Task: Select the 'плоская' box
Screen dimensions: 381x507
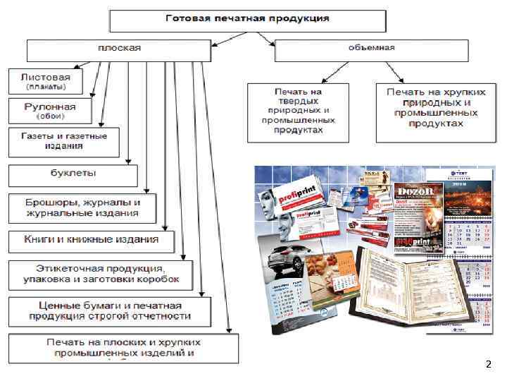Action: [x=118, y=49]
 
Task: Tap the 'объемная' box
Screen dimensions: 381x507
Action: [x=370, y=49]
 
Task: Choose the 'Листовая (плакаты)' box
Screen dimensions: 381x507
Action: [x=44, y=80]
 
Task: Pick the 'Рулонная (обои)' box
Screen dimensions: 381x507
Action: [x=47, y=111]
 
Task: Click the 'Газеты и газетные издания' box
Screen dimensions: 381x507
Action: [x=64, y=141]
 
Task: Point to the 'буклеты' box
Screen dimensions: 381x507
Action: [x=73, y=174]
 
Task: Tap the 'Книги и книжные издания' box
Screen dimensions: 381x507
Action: [x=92, y=240]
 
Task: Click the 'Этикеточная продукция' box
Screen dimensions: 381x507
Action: [x=100, y=274]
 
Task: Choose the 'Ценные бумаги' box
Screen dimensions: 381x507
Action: [x=109, y=310]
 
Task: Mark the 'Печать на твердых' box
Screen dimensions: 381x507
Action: [x=299, y=111]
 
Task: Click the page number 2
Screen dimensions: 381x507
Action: [x=488, y=365]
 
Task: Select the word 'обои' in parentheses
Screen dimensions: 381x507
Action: [x=47, y=117]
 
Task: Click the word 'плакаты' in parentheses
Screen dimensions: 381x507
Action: [x=46, y=87]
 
